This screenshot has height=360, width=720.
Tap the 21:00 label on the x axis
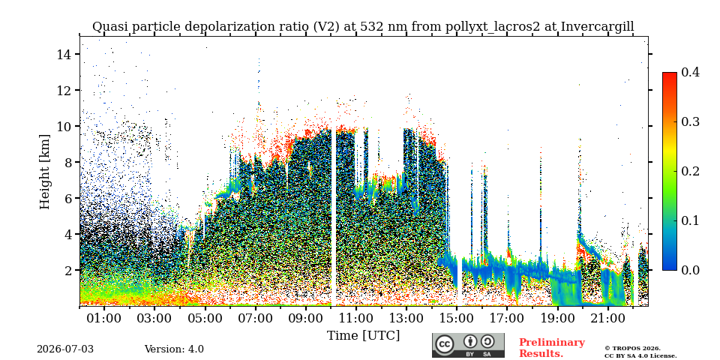[x=607, y=318]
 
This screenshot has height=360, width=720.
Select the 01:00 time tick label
[x=104, y=318]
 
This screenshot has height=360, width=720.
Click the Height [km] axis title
[x=44, y=171]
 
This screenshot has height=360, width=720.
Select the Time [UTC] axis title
[x=363, y=336]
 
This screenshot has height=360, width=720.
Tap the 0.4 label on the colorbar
[x=690, y=72]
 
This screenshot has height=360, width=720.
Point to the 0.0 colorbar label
[x=690, y=270]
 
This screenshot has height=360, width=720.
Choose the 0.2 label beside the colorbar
[x=690, y=171]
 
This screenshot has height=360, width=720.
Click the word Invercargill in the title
[x=598, y=27]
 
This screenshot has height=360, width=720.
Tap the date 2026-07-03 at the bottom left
[x=65, y=349]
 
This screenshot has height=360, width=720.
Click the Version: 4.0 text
[x=174, y=349]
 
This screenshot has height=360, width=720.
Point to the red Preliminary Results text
[x=552, y=348]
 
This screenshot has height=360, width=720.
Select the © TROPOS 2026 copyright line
[x=633, y=349]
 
